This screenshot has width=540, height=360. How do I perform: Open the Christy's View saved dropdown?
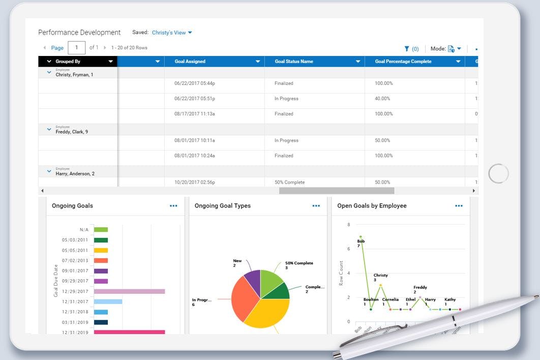click(172, 33)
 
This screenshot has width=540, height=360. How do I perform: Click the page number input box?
click(76, 48)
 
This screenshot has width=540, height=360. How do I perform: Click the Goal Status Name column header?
click(294, 62)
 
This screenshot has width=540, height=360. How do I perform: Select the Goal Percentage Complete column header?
click(403, 62)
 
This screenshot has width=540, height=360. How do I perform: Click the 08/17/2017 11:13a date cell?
click(195, 114)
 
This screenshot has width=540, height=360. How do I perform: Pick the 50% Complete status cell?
click(290, 182)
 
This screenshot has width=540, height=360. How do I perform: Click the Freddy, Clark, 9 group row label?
click(72, 132)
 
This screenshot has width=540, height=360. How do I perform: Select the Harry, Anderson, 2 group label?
click(75, 173)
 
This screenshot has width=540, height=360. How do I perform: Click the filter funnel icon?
click(407, 49)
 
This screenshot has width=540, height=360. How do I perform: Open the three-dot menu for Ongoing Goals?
click(173, 206)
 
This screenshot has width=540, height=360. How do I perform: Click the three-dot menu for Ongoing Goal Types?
click(316, 206)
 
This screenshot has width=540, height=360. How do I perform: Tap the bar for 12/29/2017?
click(129, 291)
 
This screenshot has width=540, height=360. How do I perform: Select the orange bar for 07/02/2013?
click(101, 260)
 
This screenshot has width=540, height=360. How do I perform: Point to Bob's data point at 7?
click(361, 237)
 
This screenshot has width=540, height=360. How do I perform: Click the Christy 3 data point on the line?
click(380, 285)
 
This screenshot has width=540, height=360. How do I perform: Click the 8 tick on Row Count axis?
click(348, 225)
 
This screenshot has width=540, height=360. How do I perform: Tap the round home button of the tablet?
click(498, 174)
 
